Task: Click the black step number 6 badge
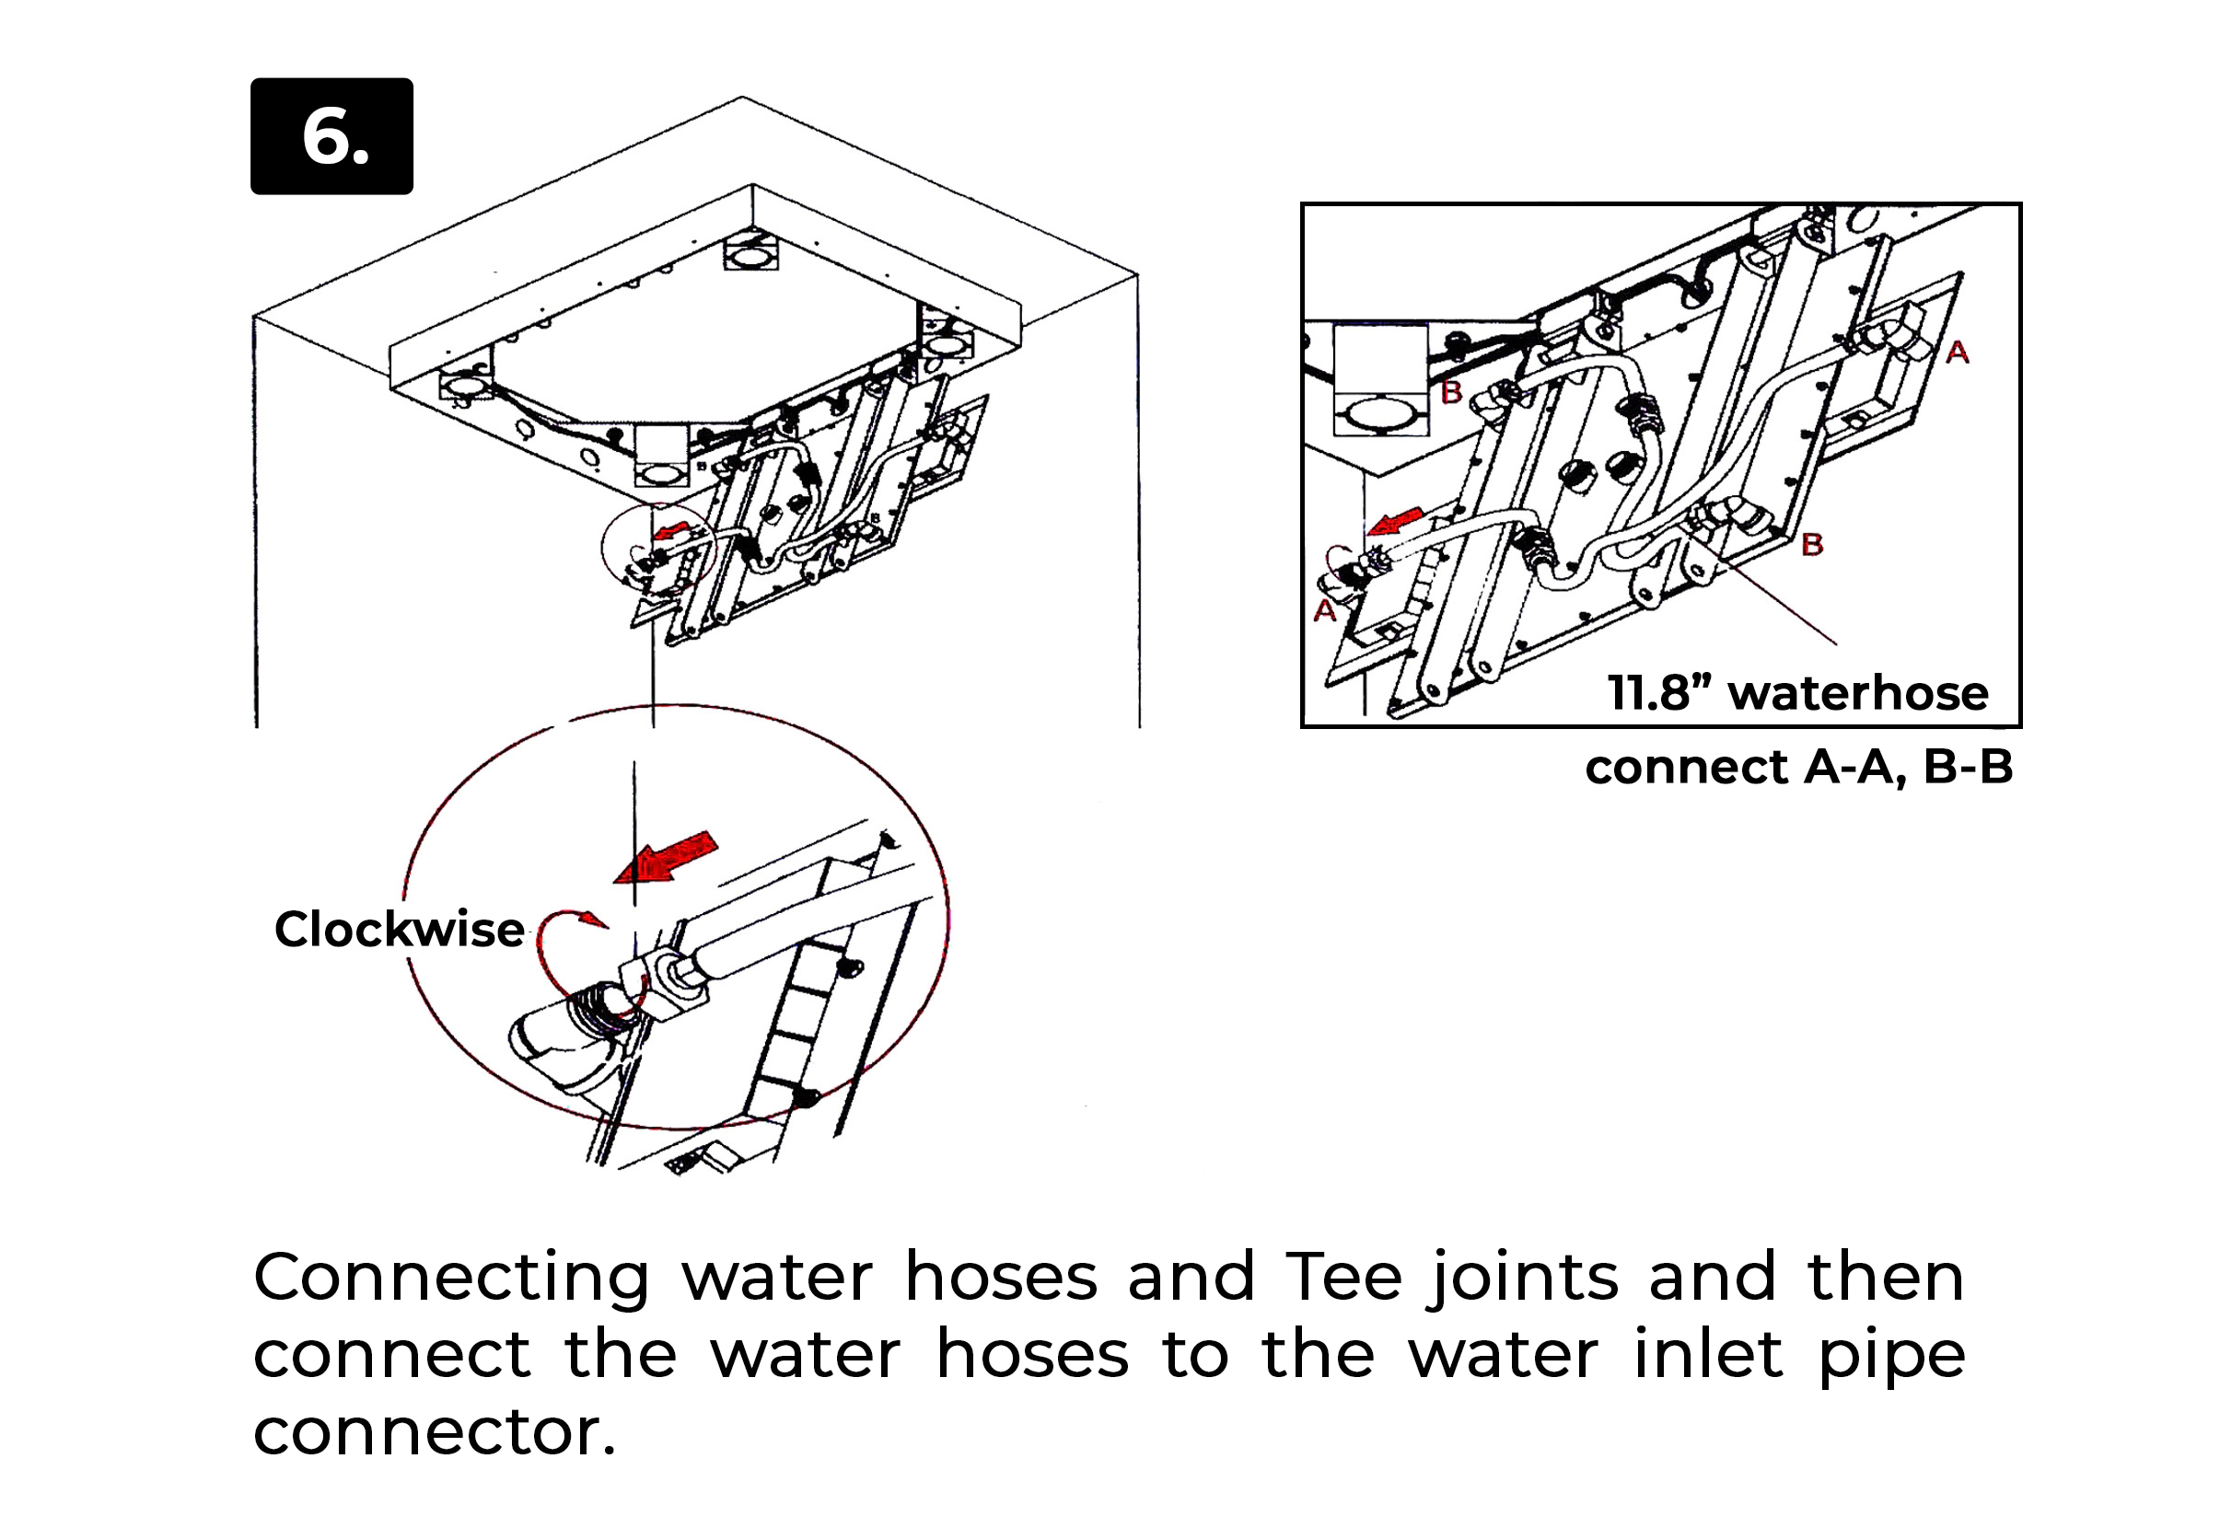(x=331, y=136)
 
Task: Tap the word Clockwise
(x=399, y=929)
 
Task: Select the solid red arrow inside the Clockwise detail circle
(x=668, y=857)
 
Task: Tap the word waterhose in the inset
(x=1858, y=692)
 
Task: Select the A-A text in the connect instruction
(x=1854, y=767)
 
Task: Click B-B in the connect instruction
(x=1967, y=767)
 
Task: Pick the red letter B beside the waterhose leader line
(x=1812, y=545)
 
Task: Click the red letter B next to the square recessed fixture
(x=1451, y=391)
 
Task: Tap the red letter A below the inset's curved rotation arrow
(x=1324, y=611)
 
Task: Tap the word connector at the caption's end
(x=434, y=1431)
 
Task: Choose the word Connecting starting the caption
(x=451, y=1279)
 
